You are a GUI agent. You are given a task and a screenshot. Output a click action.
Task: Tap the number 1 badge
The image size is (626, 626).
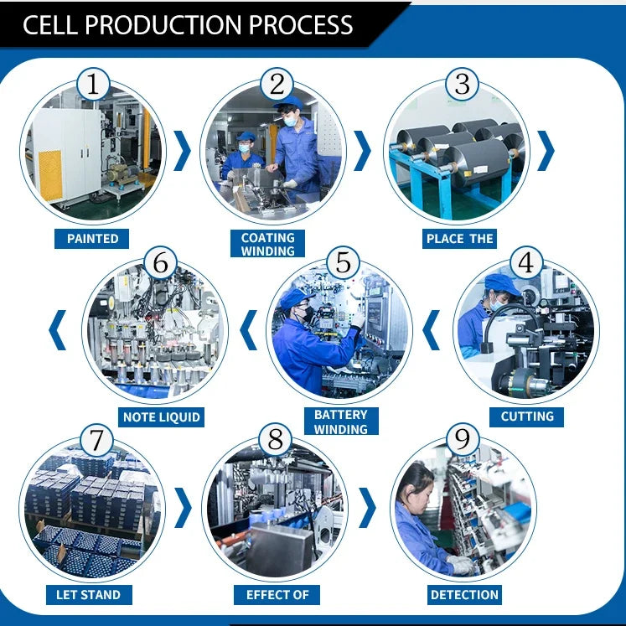(93, 85)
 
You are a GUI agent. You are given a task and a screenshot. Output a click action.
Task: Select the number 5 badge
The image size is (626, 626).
(343, 262)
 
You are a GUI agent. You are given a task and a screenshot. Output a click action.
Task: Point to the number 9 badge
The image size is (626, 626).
(463, 440)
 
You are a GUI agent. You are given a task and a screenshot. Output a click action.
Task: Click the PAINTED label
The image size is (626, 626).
(92, 239)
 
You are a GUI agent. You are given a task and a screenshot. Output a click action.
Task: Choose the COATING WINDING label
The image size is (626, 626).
(267, 244)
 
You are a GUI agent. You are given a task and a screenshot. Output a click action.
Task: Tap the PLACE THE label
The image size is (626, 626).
(459, 239)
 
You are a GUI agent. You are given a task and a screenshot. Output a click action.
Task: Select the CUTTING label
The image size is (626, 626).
(526, 416)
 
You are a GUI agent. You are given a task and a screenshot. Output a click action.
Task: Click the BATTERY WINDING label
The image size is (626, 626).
(341, 422)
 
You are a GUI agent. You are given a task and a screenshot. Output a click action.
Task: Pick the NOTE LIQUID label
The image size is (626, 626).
(161, 417)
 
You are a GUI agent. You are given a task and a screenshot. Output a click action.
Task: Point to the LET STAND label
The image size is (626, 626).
(89, 595)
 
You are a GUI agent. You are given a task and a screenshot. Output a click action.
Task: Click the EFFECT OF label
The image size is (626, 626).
(277, 595)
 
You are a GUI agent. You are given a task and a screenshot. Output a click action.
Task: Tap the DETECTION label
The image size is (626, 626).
(464, 595)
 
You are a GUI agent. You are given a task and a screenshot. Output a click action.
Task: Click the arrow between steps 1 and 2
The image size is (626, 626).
(184, 151)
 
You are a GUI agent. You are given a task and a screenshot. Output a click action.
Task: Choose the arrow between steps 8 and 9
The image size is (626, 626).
(368, 508)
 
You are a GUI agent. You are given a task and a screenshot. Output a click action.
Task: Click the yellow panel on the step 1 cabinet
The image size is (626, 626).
(51, 175)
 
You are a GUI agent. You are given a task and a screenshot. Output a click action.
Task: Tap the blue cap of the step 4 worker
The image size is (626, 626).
(501, 284)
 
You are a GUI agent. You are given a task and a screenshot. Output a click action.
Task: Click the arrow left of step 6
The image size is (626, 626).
(58, 330)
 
